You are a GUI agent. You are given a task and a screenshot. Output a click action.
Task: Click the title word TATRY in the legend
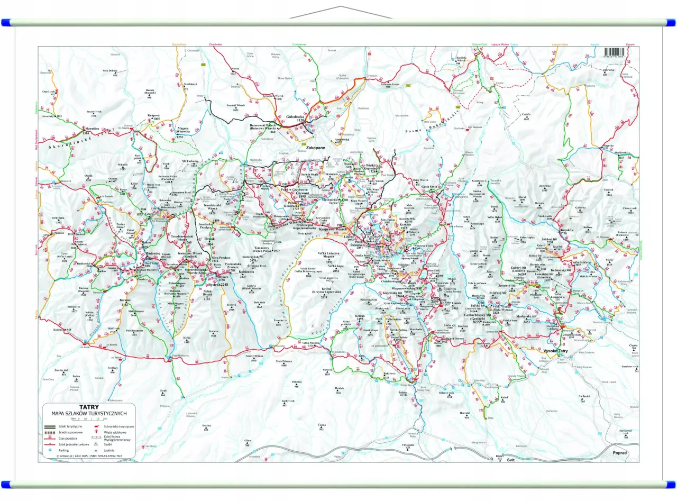(x=89, y=407)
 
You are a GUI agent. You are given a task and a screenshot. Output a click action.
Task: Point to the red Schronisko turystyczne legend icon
(x=97, y=425)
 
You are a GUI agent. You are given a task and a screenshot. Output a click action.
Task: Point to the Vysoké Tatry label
(x=556, y=351)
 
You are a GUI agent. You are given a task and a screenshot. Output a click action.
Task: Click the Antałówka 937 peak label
(x=335, y=141)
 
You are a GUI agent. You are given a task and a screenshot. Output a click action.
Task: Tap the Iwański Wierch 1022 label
(x=235, y=107)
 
